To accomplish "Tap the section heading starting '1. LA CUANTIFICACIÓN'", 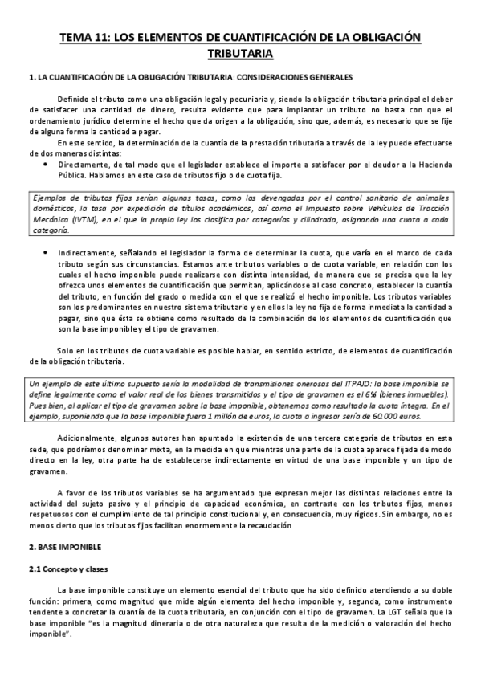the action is [x=190, y=78].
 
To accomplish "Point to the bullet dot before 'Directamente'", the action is [x=43, y=163].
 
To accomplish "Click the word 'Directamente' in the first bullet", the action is [x=81, y=163].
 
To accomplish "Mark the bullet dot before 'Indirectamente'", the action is [x=43, y=251].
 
